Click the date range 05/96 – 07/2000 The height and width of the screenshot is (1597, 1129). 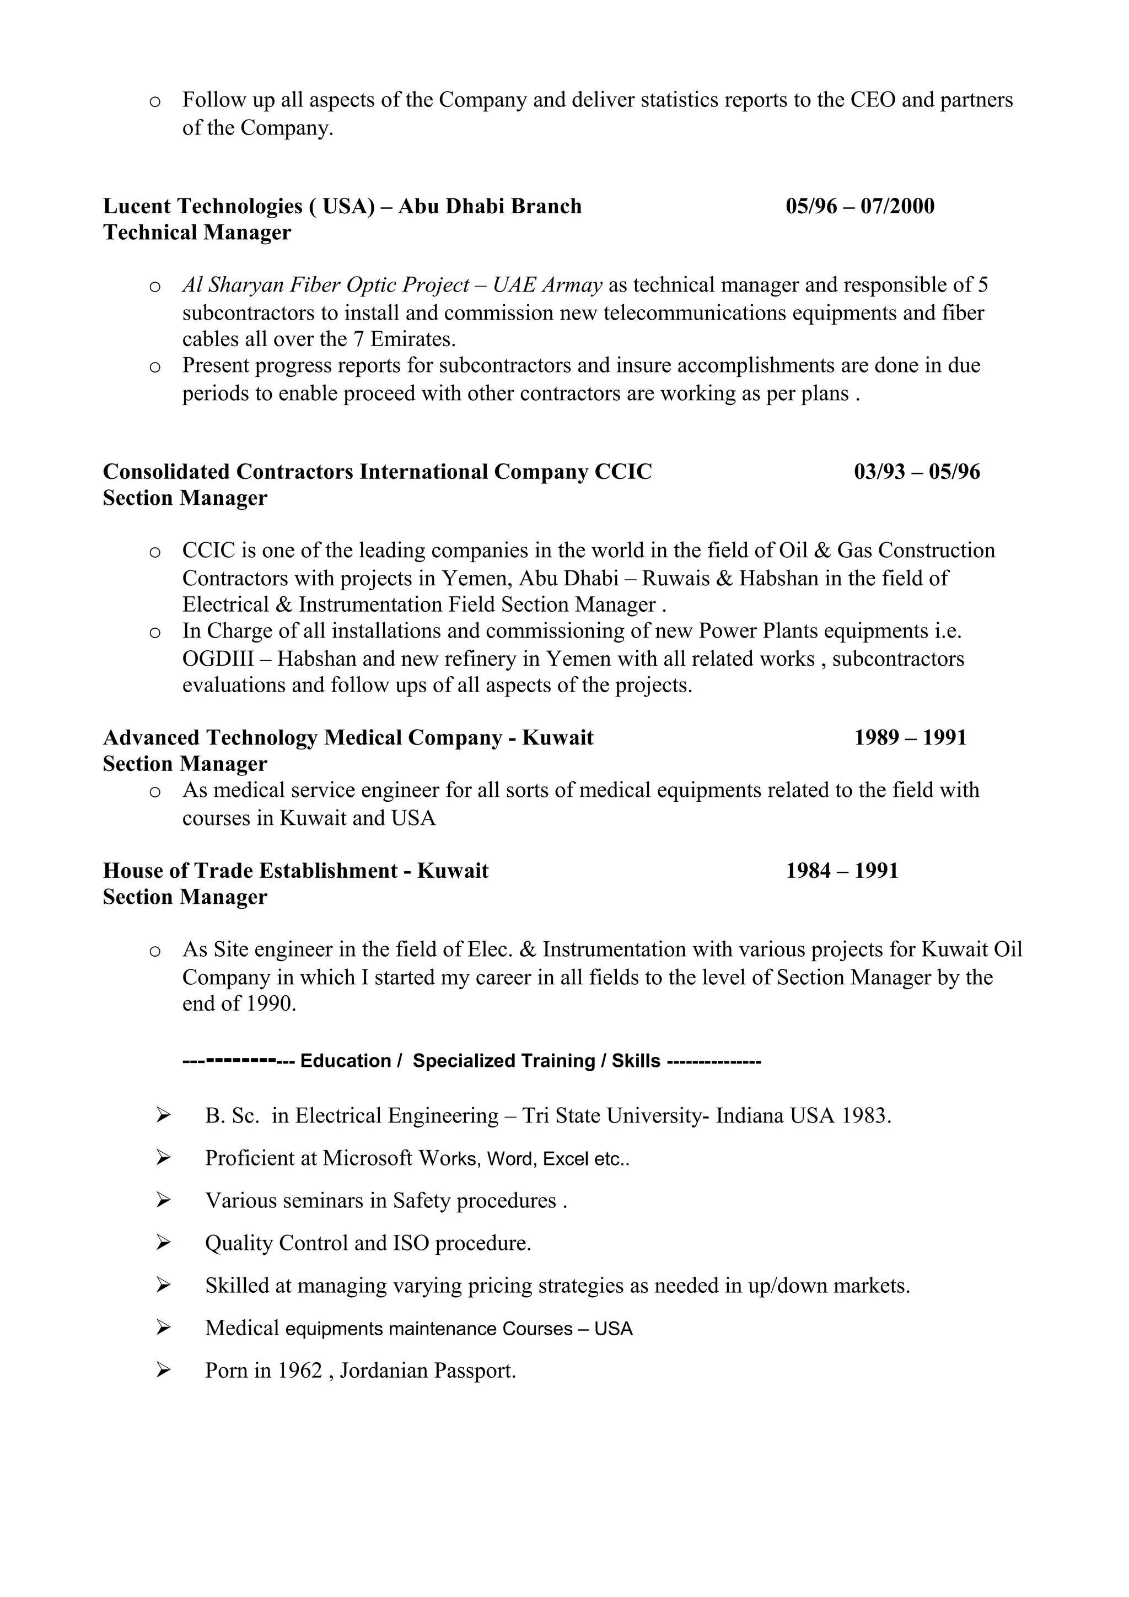[x=860, y=206]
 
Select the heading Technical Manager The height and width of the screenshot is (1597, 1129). [x=197, y=233]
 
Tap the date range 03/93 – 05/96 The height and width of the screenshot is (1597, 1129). [x=917, y=472]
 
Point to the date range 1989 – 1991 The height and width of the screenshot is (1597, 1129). [x=910, y=737]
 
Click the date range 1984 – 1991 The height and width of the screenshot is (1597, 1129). [x=842, y=871]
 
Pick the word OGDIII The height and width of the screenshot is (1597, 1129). [x=218, y=658]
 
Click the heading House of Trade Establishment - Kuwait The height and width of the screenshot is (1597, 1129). [x=295, y=871]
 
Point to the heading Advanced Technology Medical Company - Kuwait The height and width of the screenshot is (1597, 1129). [x=348, y=737]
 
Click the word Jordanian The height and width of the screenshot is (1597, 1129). [x=384, y=1371]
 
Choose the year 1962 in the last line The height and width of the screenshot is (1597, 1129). [x=300, y=1371]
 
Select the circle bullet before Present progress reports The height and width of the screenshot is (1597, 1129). [x=155, y=366]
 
